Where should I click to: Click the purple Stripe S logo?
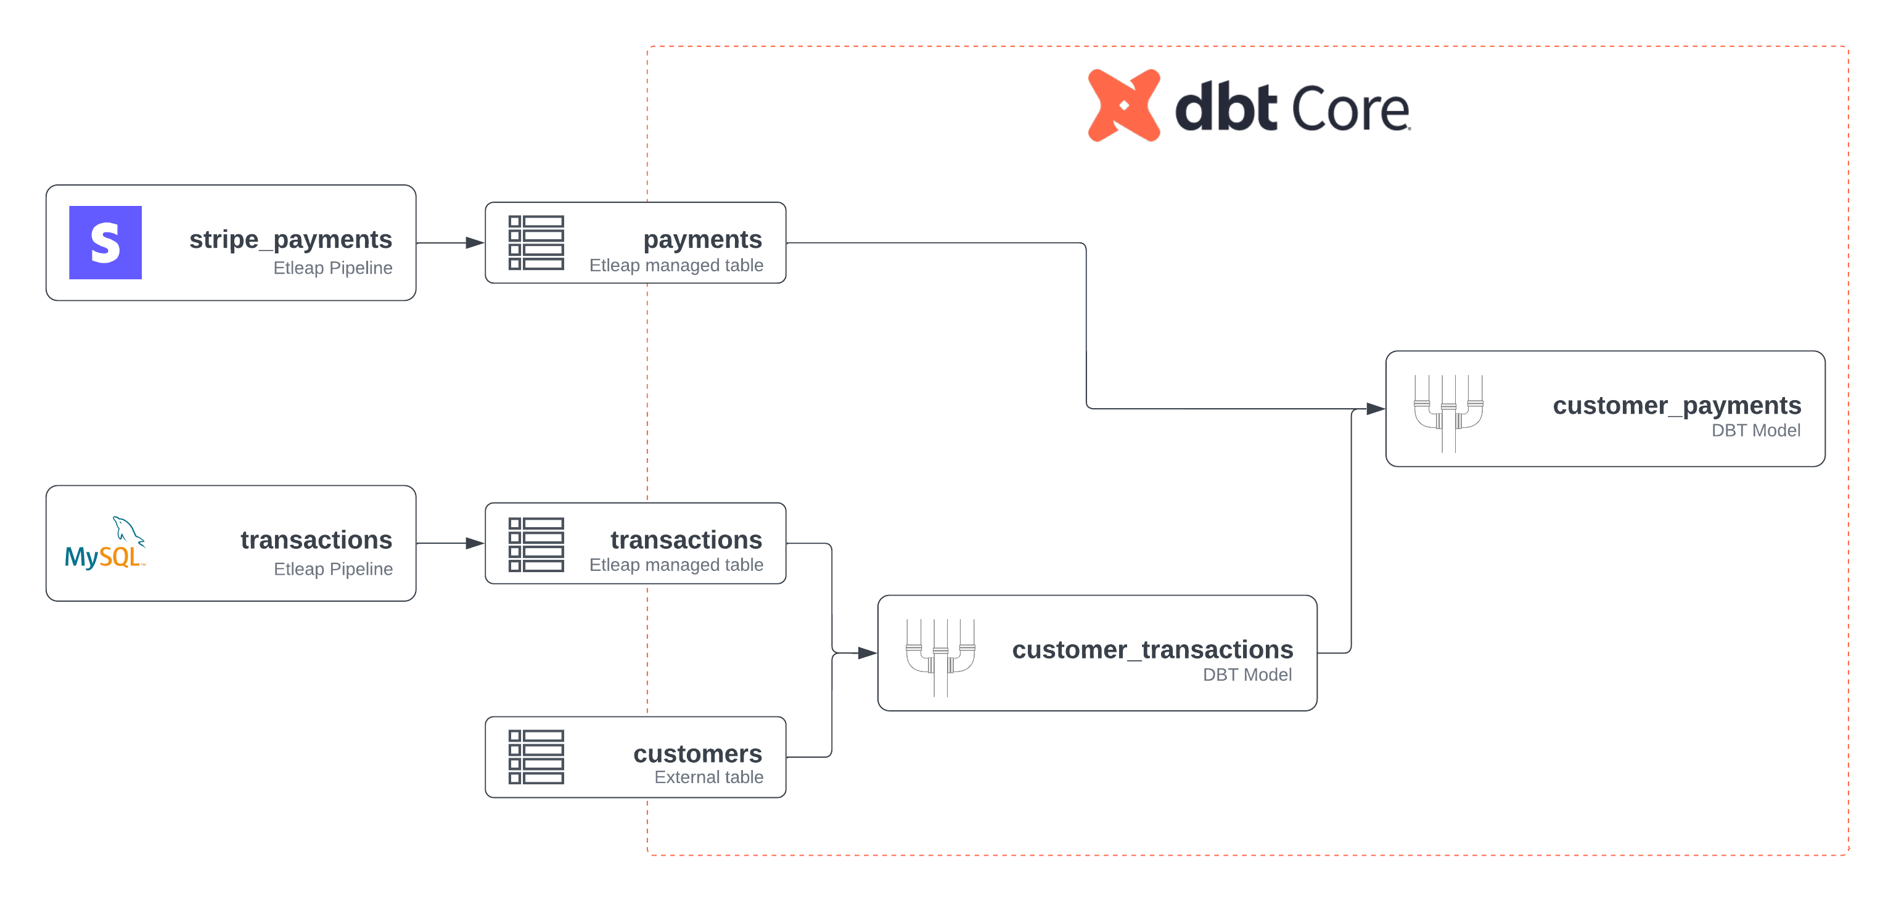click(105, 242)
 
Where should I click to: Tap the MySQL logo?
click(105, 544)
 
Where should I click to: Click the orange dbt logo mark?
click(1124, 105)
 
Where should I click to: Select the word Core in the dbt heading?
click(1350, 110)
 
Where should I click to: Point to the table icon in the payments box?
click(536, 243)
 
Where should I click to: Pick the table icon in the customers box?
click(536, 757)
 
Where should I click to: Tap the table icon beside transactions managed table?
click(536, 544)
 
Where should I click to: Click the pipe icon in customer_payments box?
click(1448, 412)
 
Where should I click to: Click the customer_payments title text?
click(1676, 406)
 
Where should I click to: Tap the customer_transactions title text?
click(1152, 650)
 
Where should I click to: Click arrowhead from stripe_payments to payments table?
click(475, 243)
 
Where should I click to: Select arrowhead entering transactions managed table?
click(475, 544)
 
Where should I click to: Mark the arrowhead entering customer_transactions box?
click(867, 652)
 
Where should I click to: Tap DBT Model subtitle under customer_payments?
click(1755, 430)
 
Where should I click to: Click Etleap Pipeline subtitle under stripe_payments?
click(333, 268)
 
